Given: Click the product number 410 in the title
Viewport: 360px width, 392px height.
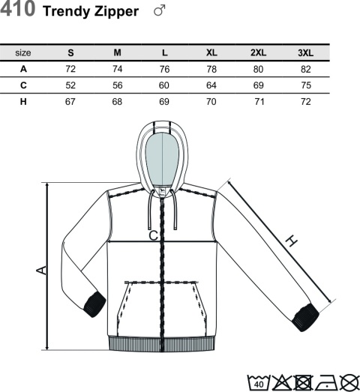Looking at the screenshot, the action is coord(17,9).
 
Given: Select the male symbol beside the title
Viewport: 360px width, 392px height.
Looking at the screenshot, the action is coord(160,10).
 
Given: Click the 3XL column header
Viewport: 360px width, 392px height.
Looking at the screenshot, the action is coord(305,52).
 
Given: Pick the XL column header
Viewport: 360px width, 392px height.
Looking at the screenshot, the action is coord(211,52).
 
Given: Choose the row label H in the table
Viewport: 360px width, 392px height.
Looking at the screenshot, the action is coord(23,102).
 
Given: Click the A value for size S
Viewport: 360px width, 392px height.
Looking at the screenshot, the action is coord(70,69).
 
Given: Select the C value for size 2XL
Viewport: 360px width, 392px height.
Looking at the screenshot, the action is coord(259,85).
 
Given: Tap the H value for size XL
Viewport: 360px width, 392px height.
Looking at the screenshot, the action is coord(211,102).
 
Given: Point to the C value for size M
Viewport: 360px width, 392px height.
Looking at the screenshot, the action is coord(117,85).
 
